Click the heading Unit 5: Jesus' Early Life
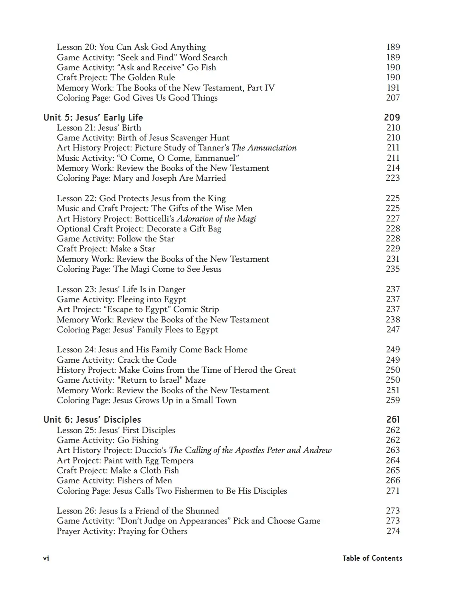tap(93, 117)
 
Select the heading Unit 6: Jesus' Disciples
tap(92, 419)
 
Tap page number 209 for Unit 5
tap(392, 117)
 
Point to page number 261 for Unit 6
tap(393, 419)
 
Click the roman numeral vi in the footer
tap(46, 558)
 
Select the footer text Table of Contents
tap(372, 558)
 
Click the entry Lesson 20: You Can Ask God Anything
tap(131, 47)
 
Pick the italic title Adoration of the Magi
tap(216, 218)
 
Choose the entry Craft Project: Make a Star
tap(106, 249)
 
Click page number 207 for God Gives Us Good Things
tap(393, 98)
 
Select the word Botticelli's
tap(155, 218)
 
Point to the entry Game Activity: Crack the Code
tap(116, 360)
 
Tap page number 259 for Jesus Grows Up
tap(393, 400)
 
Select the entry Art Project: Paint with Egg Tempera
tap(125, 461)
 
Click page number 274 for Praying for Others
tap(393, 531)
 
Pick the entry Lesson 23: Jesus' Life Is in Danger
tap(121, 289)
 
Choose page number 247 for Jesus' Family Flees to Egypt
tap(393, 330)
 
